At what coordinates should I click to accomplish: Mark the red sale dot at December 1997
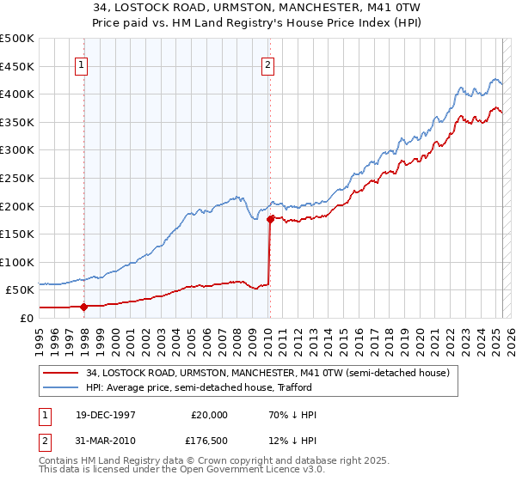tap(84, 307)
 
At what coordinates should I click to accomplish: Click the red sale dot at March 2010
tap(270, 219)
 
